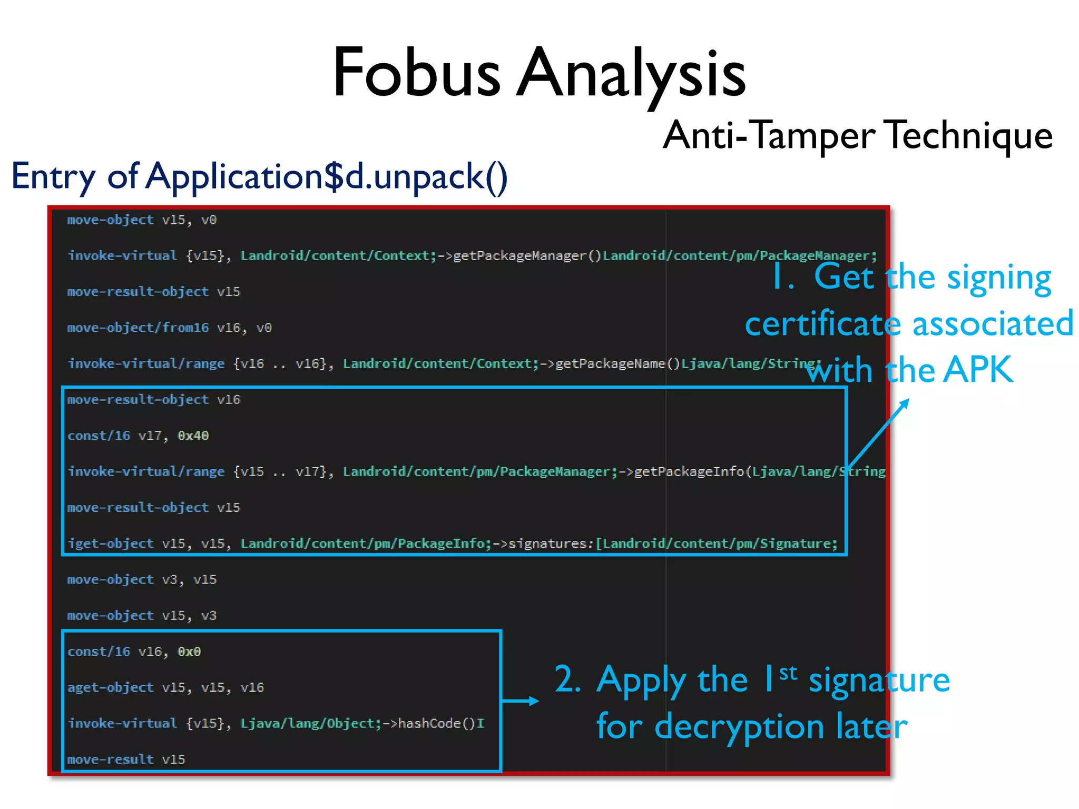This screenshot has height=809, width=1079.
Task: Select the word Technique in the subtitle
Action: coord(968,136)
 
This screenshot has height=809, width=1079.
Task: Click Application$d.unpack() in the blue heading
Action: coord(327,176)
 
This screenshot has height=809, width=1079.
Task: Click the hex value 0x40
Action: coord(193,436)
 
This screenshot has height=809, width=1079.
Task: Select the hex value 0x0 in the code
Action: coord(189,652)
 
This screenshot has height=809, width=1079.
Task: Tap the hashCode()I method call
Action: coord(440,724)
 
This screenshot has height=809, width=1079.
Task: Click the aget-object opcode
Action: coord(111,687)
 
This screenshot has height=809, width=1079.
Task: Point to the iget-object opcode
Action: coord(111,544)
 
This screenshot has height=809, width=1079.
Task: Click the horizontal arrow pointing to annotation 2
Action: coord(520,701)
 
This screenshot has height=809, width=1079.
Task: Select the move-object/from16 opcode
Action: coord(138,328)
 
